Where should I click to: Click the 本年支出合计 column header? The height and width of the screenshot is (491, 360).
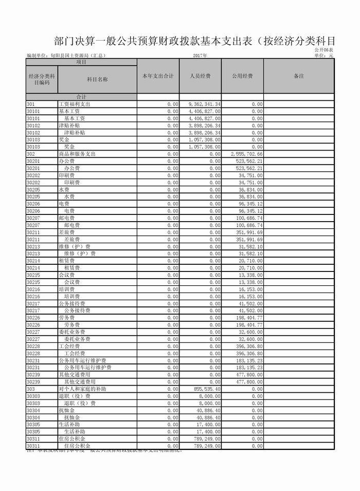(x=158, y=76)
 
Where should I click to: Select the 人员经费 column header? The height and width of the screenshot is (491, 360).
(x=200, y=76)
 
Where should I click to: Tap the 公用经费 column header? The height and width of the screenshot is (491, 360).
(x=242, y=76)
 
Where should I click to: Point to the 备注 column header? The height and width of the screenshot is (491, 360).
(x=299, y=76)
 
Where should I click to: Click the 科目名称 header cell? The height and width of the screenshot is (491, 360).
(x=97, y=80)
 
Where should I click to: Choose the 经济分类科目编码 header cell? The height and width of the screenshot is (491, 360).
(x=41, y=80)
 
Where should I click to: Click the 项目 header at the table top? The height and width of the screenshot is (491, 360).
(x=81, y=62)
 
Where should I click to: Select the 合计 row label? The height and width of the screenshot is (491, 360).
(x=81, y=97)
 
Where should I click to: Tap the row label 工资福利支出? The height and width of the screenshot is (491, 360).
(x=75, y=104)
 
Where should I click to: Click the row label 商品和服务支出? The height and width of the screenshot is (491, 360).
(x=77, y=154)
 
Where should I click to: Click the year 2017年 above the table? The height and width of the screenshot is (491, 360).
(x=201, y=56)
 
